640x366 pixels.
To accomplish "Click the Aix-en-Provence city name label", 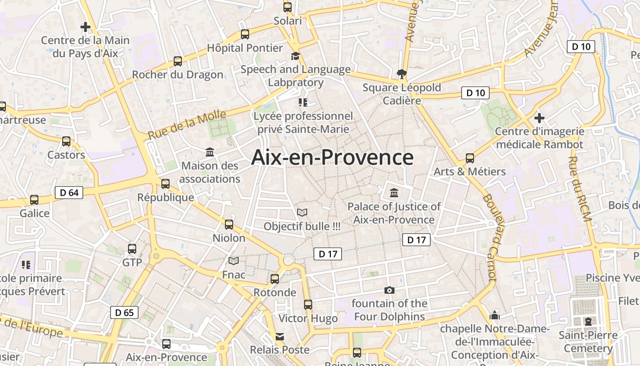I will tap(332, 157).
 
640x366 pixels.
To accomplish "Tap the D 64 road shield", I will tap(69, 193).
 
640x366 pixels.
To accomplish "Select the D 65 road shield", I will tap(124, 312).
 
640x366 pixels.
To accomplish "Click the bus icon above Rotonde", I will tap(275, 279).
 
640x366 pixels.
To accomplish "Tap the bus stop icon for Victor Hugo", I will tap(308, 304).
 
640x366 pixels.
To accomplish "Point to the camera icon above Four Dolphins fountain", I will tap(389, 290).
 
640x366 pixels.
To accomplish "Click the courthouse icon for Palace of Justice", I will tap(394, 193).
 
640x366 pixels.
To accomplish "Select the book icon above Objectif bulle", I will tap(302, 212).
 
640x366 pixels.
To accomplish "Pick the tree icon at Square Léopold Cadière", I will tap(401, 73).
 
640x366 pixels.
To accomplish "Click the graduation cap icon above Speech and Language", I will tap(295, 56).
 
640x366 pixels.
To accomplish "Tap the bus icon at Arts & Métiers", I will tap(469, 158).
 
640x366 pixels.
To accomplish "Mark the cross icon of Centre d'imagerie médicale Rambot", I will tap(539, 118).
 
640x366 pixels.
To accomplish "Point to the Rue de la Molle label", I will tap(187, 125).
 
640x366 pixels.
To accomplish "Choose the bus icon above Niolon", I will tap(229, 224).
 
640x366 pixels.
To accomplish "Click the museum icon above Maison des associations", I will tap(210, 152).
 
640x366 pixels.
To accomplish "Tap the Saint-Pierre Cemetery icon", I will tap(588, 321).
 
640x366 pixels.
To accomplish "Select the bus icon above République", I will tap(165, 183).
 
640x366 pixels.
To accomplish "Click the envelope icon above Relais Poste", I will tap(279, 337).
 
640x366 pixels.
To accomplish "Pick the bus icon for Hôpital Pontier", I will tap(245, 34).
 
